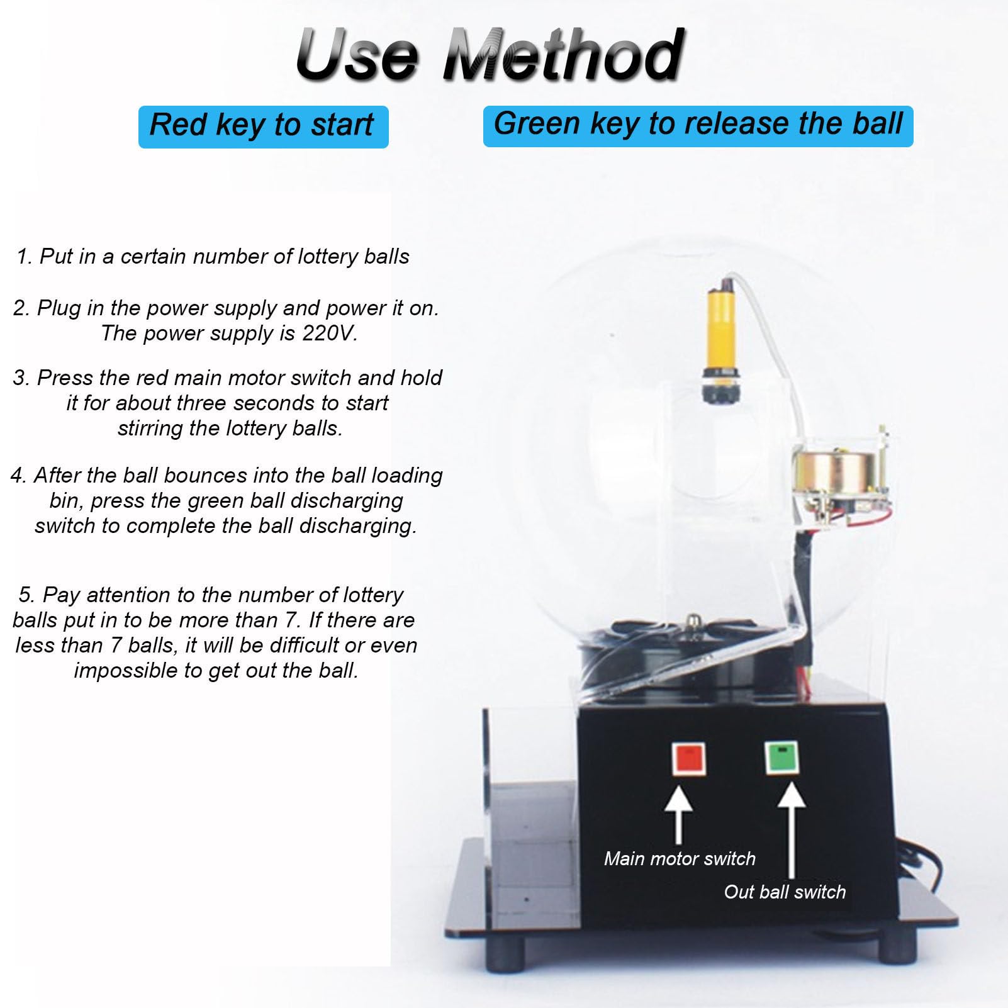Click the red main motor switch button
pyautogui.click(x=688, y=759)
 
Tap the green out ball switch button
pyautogui.click(x=781, y=758)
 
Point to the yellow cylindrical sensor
pyautogui.click(x=722, y=346)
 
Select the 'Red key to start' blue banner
pyautogui.click(x=263, y=126)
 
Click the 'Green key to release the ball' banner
pyautogui.click(x=698, y=126)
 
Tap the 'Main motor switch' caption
pyautogui.click(x=680, y=858)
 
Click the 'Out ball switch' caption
pyautogui.click(x=785, y=892)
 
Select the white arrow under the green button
pyautogui.click(x=791, y=831)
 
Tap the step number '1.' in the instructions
pyautogui.click(x=25, y=256)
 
